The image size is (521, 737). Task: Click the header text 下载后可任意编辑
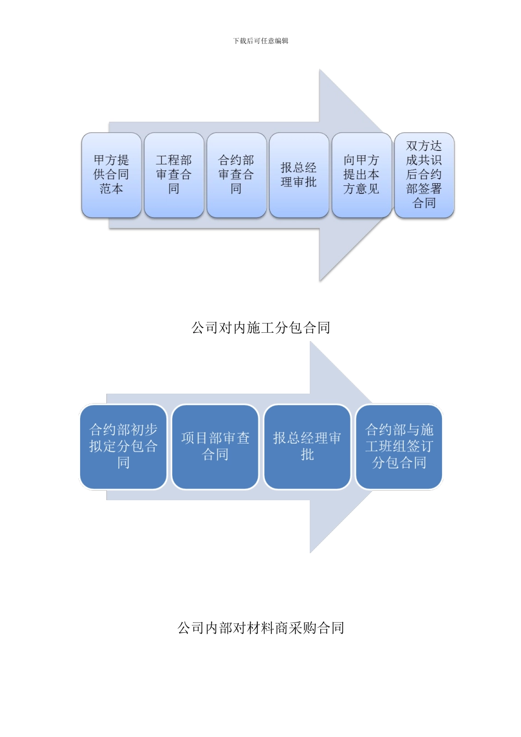pyautogui.click(x=260, y=41)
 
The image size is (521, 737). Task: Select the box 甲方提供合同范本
pyautogui.click(x=111, y=175)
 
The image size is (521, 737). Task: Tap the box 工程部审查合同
pyautogui.click(x=174, y=175)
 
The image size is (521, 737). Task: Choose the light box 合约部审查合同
pyautogui.click(x=236, y=175)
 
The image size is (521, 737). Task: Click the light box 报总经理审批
pyautogui.click(x=299, y=175)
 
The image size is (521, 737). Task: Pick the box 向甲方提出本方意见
pyautogui.click(x=361, y=175)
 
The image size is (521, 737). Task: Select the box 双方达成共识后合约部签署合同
pyautogui.click(x=424, y=175)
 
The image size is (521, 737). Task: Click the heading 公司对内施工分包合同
pyautogui.click(x=260, y=328)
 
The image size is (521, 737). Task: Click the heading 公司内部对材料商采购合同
pyautogui.click(x=260, y=628)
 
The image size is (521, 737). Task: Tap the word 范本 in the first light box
pyautogui.click(x=111, y=189)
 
